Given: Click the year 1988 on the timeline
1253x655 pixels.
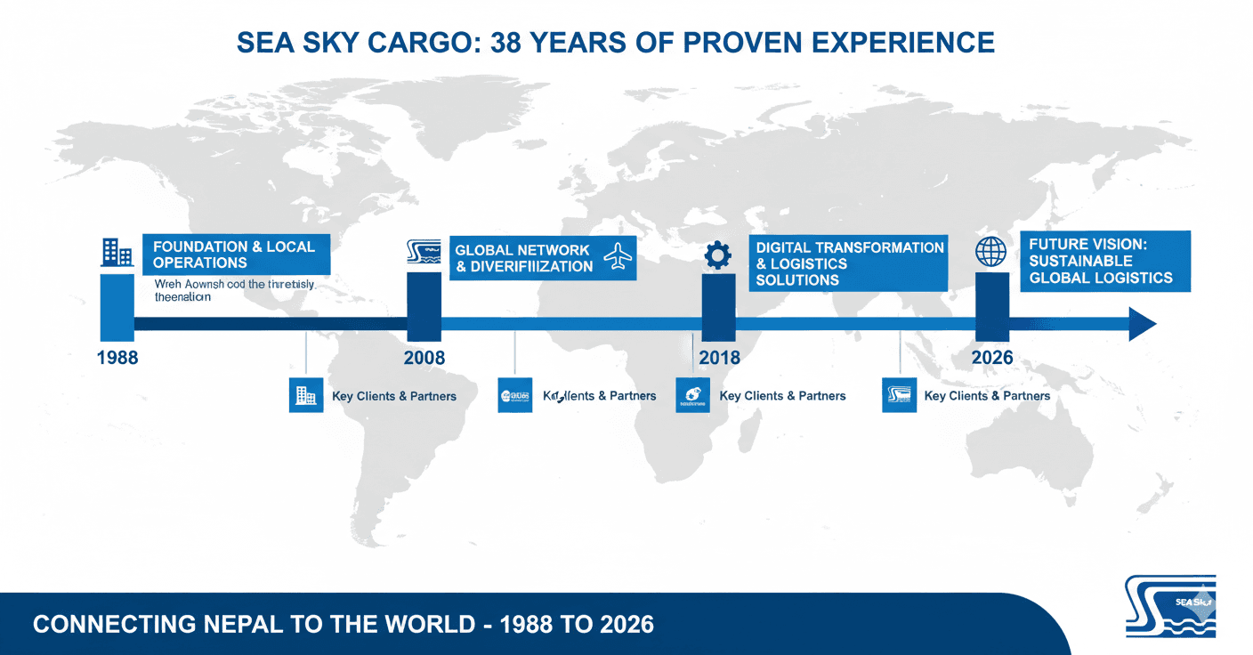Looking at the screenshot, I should [117, 358].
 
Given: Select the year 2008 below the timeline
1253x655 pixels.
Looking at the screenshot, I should [424, 358].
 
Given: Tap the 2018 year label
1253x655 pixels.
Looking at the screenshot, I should [719, 358].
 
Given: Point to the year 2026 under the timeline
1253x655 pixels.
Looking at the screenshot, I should [992, 358].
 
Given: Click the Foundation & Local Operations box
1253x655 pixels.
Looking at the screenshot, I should [236, 255].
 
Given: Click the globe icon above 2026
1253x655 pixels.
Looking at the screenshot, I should [990, 252].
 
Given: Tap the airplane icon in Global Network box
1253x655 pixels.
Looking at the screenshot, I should [617, 257].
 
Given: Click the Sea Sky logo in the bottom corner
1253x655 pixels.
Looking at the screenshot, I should [1169, 606].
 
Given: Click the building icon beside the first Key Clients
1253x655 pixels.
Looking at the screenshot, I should [306, 394].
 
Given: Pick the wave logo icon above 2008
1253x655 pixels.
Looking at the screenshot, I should [424, 253].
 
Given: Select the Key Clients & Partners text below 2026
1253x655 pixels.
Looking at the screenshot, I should [987, 396].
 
